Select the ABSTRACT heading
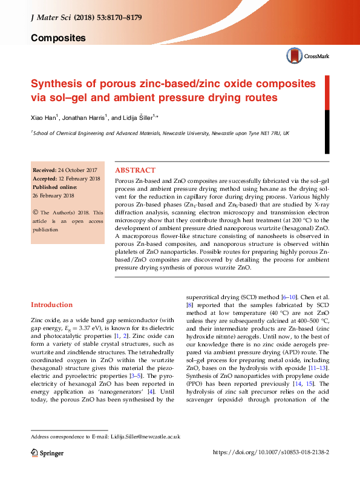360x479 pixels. pos(135,171)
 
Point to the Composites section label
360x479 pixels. pos(58,38)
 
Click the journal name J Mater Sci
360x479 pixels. pos(51,18)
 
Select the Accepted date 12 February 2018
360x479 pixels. pos(70,179)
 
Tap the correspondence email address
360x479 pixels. pos(146,436)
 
